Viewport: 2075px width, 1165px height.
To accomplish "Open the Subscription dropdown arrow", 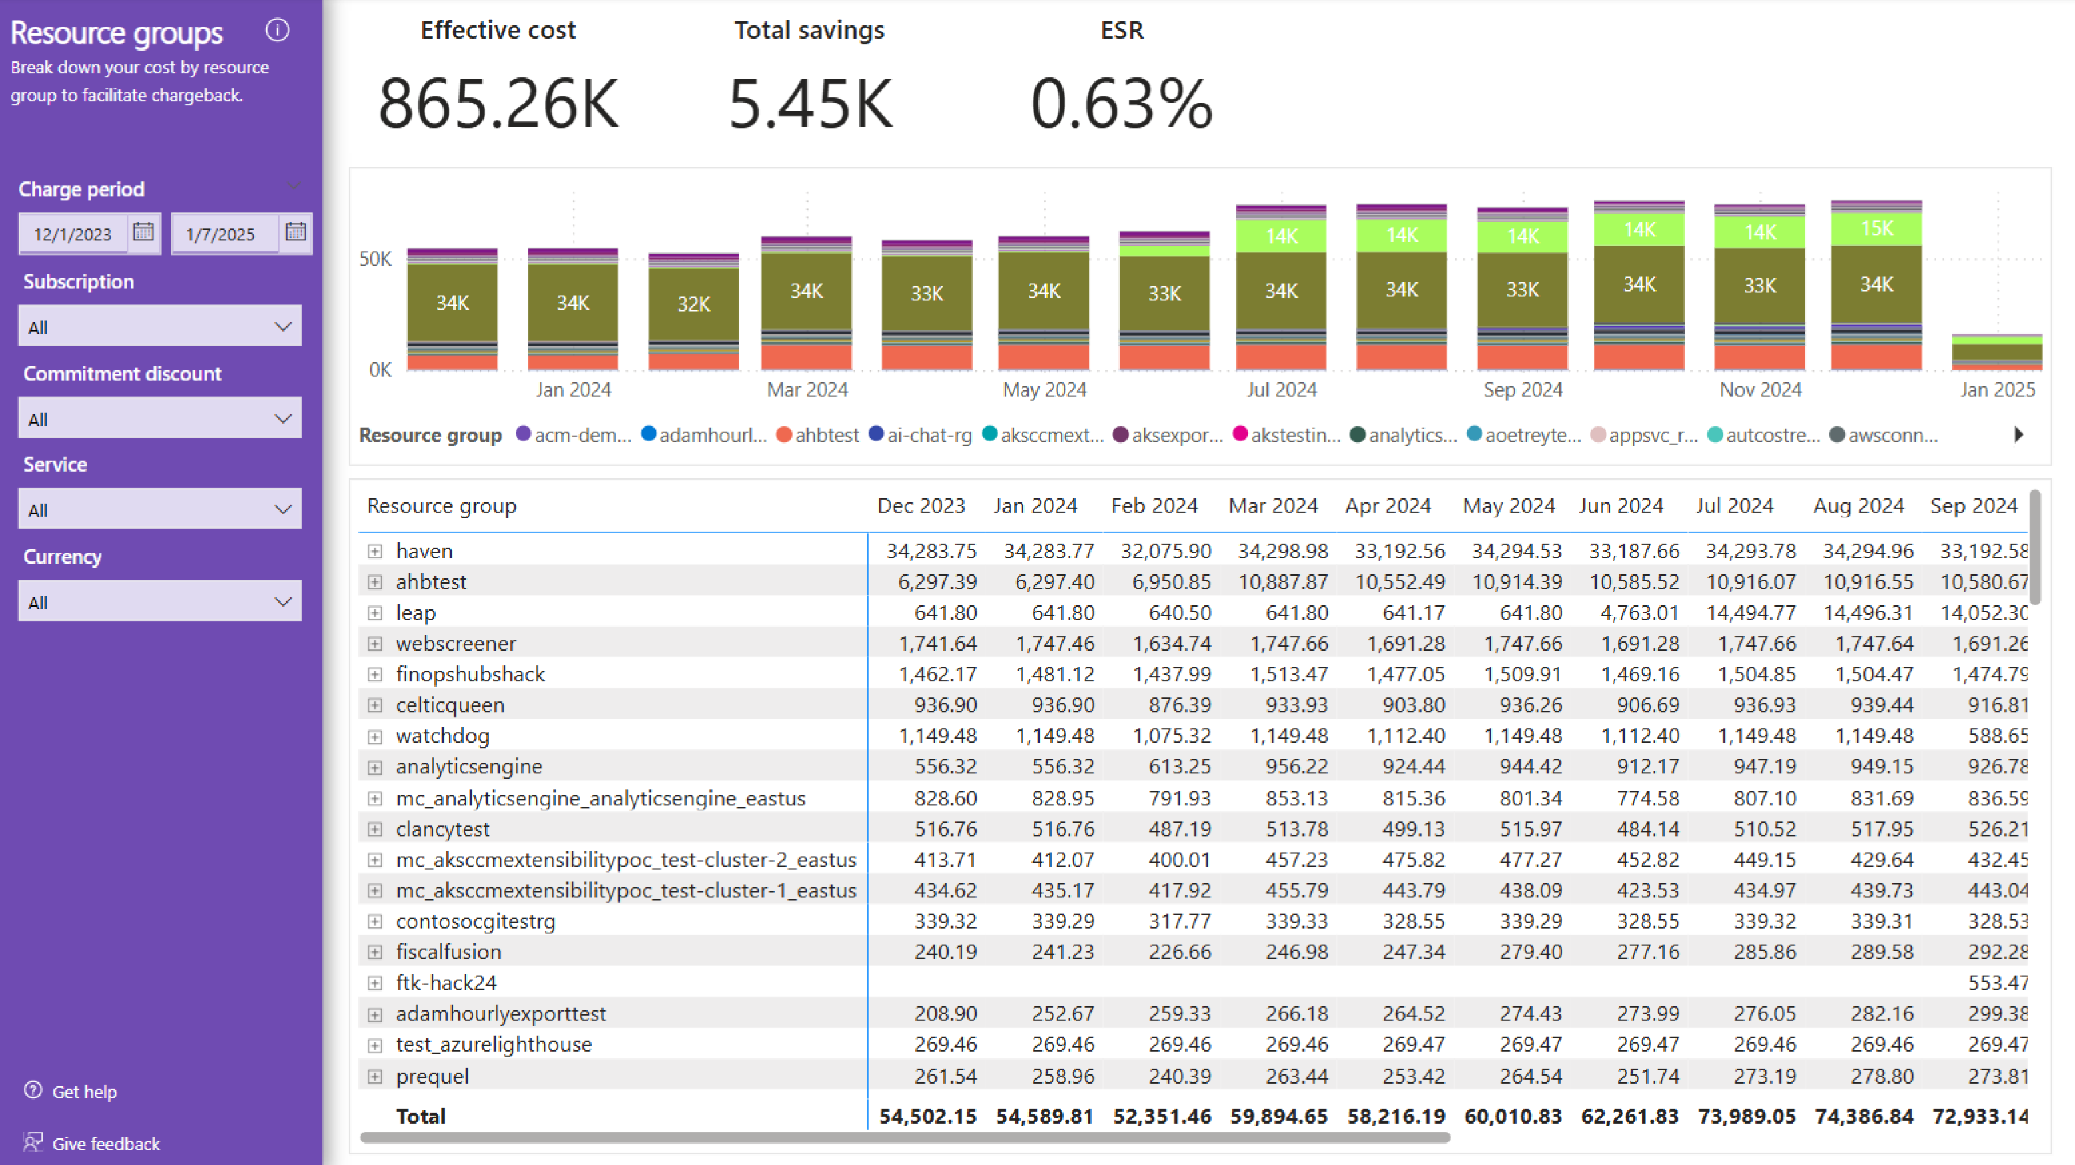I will pyautogui.click(x=283, y=326).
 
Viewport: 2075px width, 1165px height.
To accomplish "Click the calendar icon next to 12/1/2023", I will pyautogui.click(x=143, y=232).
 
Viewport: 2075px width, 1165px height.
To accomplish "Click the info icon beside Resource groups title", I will pyautogui.click(x=277, y=31).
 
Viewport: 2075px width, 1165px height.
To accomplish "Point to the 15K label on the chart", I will pyautogui.click(x=1876, y=229).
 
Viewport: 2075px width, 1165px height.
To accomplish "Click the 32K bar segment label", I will pyautogui.click(x=693, y=304).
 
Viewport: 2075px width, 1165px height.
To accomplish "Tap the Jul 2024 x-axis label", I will pyautogui.click(x=1281, y=390).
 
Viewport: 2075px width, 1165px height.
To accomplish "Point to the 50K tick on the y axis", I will pyautogui.click(x=376, y=260).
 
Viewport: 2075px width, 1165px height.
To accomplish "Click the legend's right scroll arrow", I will pyautogui.click(x=2018, y=435).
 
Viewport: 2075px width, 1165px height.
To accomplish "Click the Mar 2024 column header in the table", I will pyautogui.click(x=1273, y=506).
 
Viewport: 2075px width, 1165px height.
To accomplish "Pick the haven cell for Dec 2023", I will pyautogui.click(x=931, y=551).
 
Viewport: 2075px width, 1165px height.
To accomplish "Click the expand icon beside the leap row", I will pyautogui.click(x=374, y=613).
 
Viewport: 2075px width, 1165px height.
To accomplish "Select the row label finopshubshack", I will pyautogui.click(x=470, y=675).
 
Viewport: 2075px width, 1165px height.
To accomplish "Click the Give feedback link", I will pyautogui.click(x=105, y=1143).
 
